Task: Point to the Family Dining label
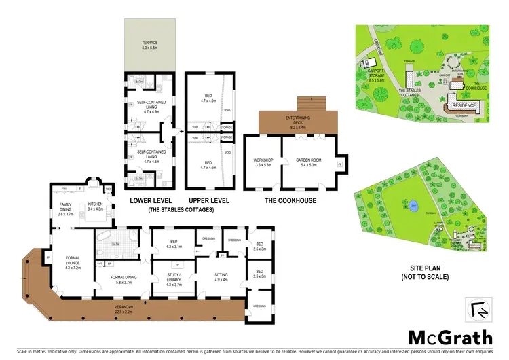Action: click(x=65, y=209)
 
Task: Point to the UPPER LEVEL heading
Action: click(x=208, y=200)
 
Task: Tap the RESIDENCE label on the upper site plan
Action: click(x=464, y=107)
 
